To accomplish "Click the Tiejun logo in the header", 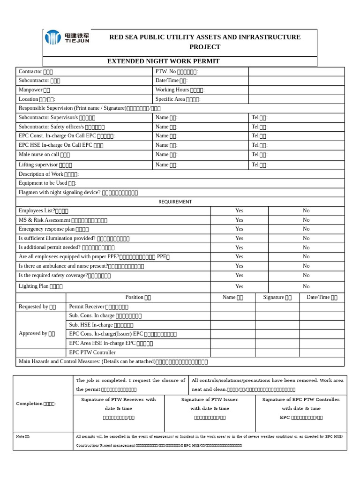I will click(x=67, y=37).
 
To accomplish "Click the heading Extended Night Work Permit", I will click(x=163, y=61).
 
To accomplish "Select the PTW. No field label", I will click(x=177, y=72).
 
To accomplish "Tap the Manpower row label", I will click(x=34, y=90).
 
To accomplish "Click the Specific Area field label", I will click(x=178, y=99).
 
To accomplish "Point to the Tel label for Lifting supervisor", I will click(x=259, y=165).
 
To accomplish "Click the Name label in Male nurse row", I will click(x=166, y=155).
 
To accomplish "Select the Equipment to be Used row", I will click(x=47, y=183).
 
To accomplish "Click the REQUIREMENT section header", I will click(x=175, y=202).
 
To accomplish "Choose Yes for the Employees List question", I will click(x=239, y=211).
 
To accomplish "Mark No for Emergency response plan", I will click(x=306, y=229).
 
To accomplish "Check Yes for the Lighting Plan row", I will click(x=239, y=286).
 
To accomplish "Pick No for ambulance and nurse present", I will click(x=306, y=266).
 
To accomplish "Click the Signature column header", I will click(x=277, y=297).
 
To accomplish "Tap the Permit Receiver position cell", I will click(x=98, y=307).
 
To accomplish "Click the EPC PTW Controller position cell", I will click(x=92, y=352).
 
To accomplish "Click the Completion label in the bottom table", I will click(x=36, y=404).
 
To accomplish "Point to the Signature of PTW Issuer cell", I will click(x=210, y=408).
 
